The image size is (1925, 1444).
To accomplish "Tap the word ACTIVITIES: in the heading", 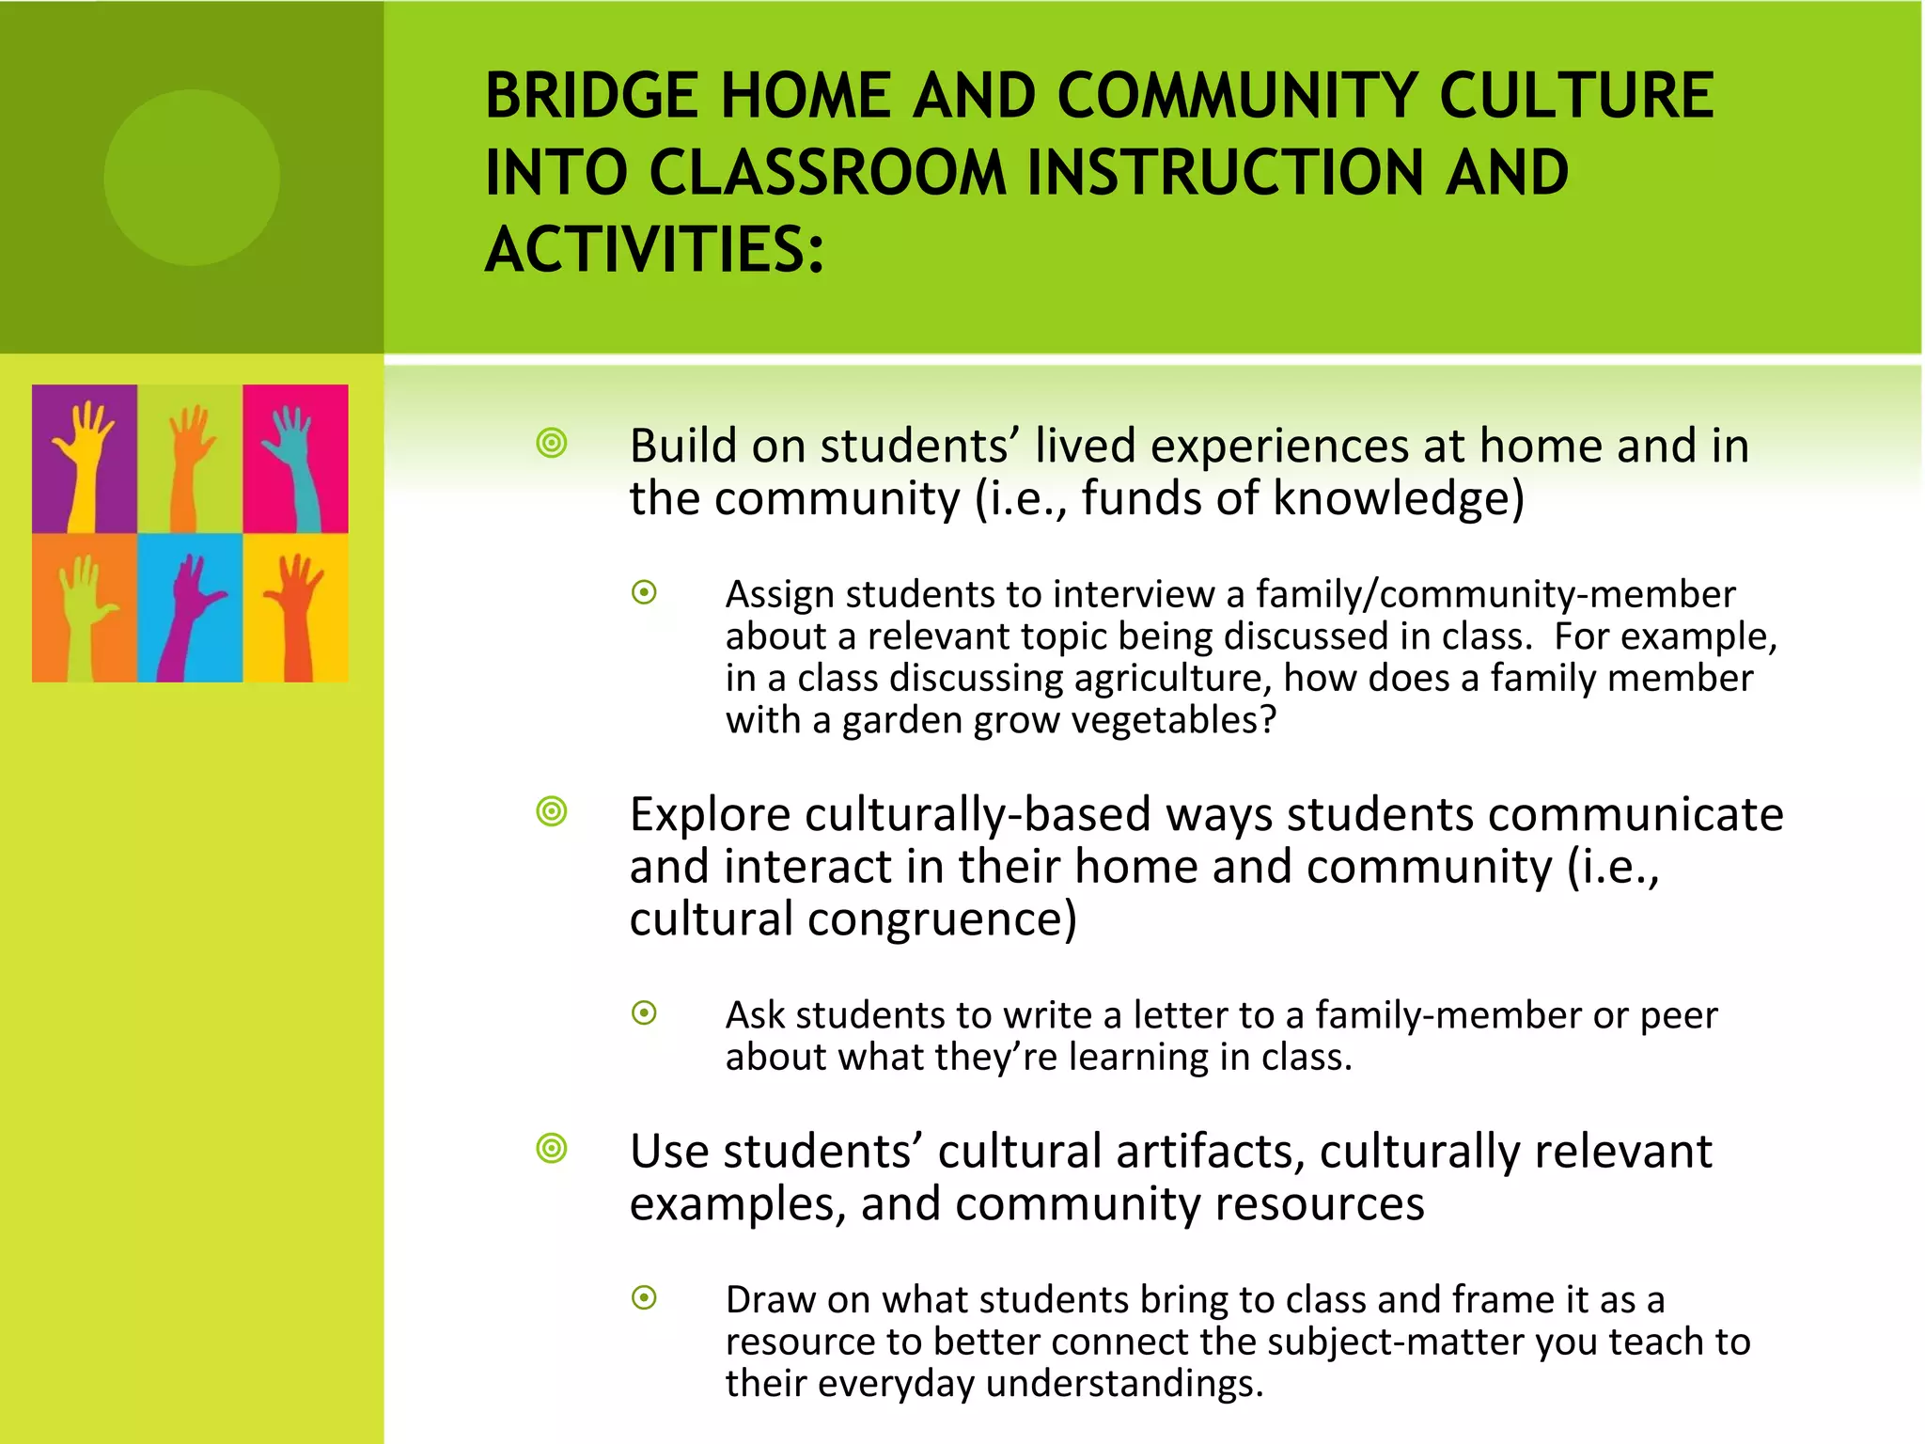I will coord(654,250).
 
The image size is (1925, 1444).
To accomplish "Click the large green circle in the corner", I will coord(192,178).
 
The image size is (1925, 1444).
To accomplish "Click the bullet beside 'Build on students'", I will coord(552,443).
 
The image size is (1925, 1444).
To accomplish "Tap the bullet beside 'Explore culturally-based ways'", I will coord(552,811).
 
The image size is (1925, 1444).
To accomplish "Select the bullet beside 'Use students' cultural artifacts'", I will coord(552,1148).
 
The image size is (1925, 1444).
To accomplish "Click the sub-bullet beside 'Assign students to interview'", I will coord(644,592).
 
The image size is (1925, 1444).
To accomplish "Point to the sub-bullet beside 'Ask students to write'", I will coord(644,1012).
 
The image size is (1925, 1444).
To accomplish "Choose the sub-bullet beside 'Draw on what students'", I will coord(644,1297).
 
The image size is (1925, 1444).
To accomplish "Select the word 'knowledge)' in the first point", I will coord(1398,498).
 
